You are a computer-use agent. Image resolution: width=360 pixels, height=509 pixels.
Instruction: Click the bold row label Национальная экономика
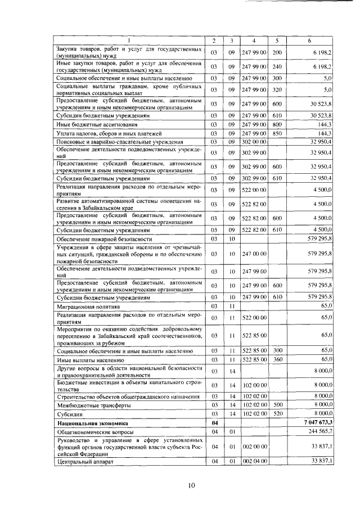[92, 422]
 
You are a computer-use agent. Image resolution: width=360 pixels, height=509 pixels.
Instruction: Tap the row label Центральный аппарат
[85, 461]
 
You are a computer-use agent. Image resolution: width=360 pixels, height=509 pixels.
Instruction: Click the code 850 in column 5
[277, 133]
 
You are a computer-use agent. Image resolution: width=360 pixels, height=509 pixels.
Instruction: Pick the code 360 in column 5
[277, 359]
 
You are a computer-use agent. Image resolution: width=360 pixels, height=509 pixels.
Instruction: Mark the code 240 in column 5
[277, 67]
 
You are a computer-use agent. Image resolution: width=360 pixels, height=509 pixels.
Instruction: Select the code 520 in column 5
[277, 413]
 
